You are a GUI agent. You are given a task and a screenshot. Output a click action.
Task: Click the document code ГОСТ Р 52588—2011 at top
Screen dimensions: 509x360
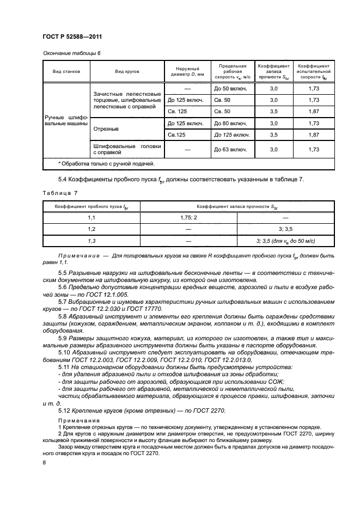click(72, 37)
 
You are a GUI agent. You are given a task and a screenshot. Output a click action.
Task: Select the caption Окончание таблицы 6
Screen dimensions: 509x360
click(71, 53)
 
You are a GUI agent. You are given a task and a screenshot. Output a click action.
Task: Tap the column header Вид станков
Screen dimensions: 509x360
click(66, 71)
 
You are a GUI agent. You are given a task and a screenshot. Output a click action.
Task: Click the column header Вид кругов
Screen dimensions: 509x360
click(127, 71)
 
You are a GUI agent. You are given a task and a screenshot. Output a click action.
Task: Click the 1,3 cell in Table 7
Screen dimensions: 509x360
click(91, 240)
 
